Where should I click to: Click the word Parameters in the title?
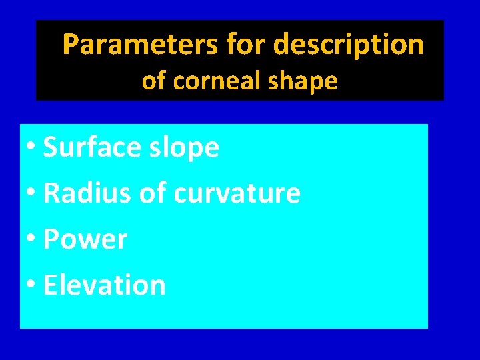coord(140,45)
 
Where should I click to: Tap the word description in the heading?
coord(349,45)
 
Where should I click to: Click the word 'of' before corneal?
coord(154,81)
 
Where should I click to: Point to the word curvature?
coord(237,193)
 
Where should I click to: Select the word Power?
coord(85,239)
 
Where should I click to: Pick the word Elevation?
coord(104,285)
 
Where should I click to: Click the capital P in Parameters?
coord(70,45)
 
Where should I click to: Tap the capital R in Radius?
coord(51,193)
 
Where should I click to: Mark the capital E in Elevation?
coord(50,285)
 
